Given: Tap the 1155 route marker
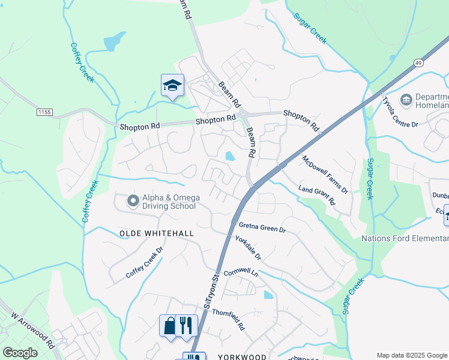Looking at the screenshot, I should [44, 112].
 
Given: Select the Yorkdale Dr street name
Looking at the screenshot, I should [248, 247].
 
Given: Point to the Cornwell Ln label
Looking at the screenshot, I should [241, 272].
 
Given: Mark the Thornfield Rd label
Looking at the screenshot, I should [228, 320].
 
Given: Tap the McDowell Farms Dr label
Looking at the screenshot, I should [325, 175].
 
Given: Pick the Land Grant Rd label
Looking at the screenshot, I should [316, 196].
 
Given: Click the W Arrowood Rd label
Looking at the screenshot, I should [34, 331].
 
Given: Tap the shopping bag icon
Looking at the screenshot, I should [170, 326].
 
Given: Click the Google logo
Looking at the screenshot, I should [20, 353].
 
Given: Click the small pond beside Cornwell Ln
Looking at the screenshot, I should [268, 295].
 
